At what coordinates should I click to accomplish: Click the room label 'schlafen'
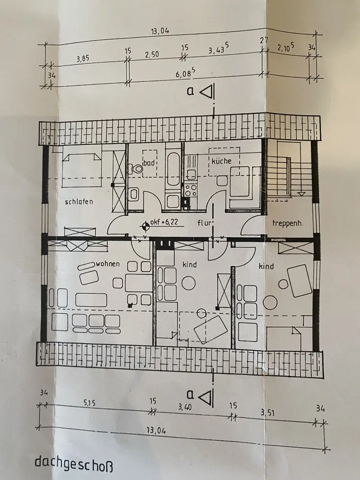(79, 202)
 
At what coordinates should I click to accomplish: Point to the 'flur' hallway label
(205, 223)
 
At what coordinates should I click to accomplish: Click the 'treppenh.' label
(288, 223)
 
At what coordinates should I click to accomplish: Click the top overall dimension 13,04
(160, 31)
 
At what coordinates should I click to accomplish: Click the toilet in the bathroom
(136, 168)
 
